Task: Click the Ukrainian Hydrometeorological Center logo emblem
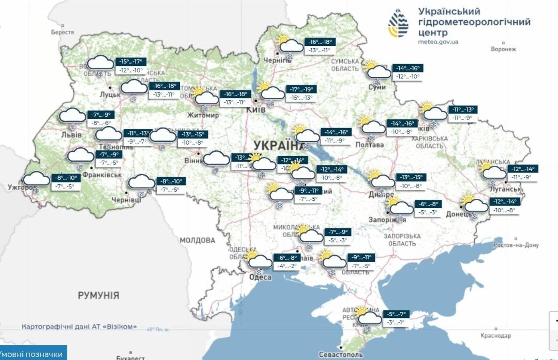click(398, 23)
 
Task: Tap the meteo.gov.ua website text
click(438, 41)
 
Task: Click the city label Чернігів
click(277, 61)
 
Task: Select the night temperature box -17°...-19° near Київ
click(302, 90)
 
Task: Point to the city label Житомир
click(203, 115)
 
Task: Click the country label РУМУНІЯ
click(98, 295)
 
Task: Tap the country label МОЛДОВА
click(197, 240)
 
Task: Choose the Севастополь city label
click(341, 354)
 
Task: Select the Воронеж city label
click(503, 49)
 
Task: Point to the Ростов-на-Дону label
click(516, 245)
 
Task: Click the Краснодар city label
click(495, 335)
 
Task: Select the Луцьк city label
click(110, 95)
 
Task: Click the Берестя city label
click(63, 32)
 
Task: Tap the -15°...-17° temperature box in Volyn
click(131, 62)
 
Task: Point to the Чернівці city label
click(126, 200)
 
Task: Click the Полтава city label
click(369, 145)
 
